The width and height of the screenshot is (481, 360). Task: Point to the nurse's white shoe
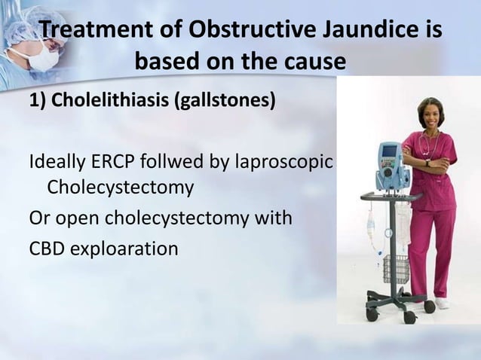tap(442, 304)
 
